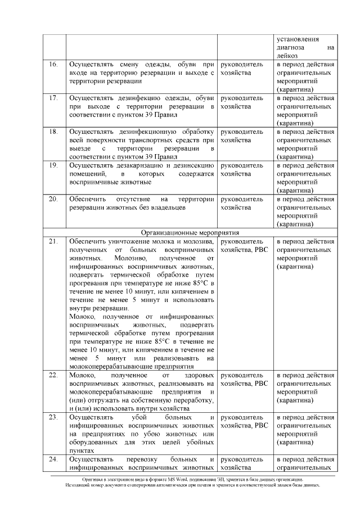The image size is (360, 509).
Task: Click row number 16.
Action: (53, 65)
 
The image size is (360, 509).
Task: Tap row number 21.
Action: (53, 241)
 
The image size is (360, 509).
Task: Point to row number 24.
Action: (53, 459)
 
